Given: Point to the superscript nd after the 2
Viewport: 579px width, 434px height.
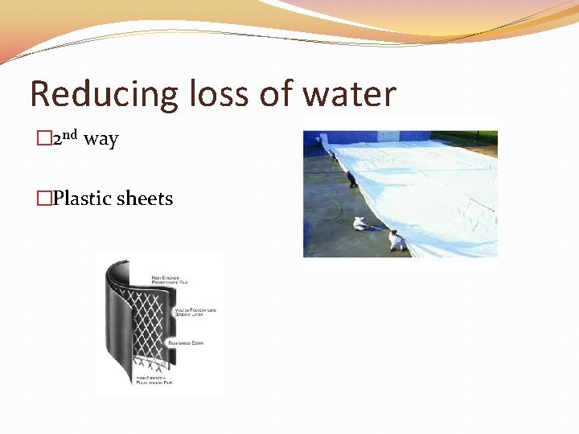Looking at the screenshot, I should tap(70, 134).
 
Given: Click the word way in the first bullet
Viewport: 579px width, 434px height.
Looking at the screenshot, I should tap(101, 140).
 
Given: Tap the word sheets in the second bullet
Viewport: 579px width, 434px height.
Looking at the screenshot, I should tap(145, 199).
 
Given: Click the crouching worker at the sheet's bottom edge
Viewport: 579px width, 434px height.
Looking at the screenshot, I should tap(396, 239).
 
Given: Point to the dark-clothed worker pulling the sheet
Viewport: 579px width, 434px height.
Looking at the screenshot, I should tap(352, 178).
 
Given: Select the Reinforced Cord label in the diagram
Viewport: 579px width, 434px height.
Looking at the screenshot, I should tap(184, 342).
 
